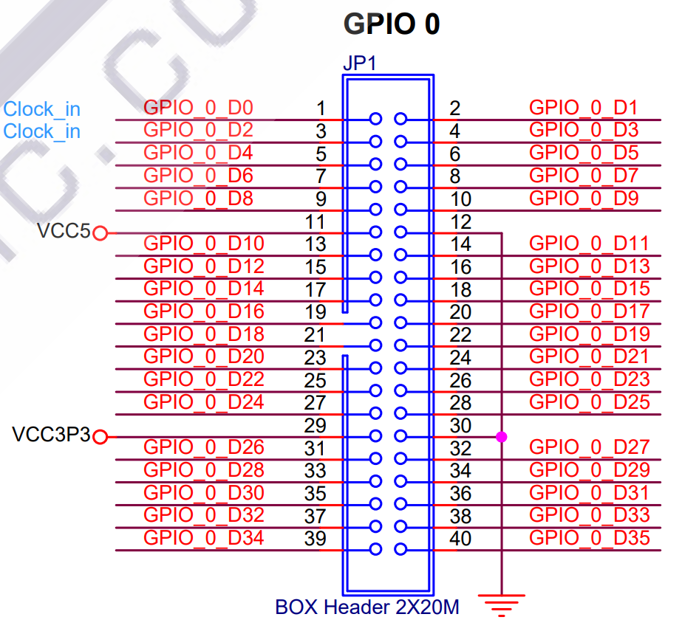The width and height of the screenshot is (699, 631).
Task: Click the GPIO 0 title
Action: pyautogui.click(x=392, y=24)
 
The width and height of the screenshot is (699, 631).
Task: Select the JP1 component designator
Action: pyautogui.click(x=359, y=63)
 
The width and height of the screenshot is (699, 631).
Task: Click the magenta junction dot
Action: pyautogui.click(x=502, y=437)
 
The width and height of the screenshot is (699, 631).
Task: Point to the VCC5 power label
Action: pyautogui.click(x=64, y=232)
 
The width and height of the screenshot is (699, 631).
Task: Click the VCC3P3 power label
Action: pyautogui.click(x=51, y=435)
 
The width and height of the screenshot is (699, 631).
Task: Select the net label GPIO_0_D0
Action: pyautogui.click(x=198, y=108)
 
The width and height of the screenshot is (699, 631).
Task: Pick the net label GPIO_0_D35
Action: pyautogui.click(x=590, y=538)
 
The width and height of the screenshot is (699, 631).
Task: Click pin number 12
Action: pyautogui.click(x=460, y=221)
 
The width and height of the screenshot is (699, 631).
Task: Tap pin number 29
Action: pyautogui.click(x=315, y=425)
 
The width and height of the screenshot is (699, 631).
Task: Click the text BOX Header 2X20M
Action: pyautogui.click(x=367, y=607)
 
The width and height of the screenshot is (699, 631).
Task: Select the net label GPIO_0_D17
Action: pyautogui.click(x=590, y=311)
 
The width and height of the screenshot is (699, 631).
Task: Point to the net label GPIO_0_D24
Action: pyautogui.click(x=203, y=402)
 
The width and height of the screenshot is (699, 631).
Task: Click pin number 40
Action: pyautogui.click(x=460, y=539)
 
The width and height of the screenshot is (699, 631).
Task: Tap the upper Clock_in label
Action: pyautogui.click(x=42, y=109)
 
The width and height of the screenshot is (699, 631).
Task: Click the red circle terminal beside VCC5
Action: pyautogui.click(x=100, y=233)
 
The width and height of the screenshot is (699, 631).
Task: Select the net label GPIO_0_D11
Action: pyautogui.click(x=590, y=244)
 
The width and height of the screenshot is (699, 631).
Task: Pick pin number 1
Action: pyautogui.click(x=321, y=108)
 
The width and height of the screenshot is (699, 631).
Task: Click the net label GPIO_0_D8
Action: pyautogui.click(x=198, y=199)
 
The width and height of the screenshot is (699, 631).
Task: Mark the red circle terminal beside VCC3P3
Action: pyautogui.click(x=100, y=437)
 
